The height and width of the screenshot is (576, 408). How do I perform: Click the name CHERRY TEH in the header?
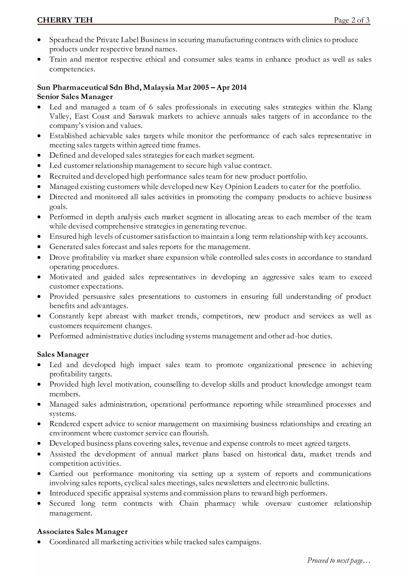[65, 20]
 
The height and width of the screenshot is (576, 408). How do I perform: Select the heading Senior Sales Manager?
[75, 97]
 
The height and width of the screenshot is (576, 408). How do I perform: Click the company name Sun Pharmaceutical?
[72, 87]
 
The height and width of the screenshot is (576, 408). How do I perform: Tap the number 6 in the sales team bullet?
[151, 107]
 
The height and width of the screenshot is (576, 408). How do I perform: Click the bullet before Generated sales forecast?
[39, 247]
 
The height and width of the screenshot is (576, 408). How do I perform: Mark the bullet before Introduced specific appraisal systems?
[39, 493]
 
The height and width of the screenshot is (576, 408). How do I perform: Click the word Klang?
[362, 107]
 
